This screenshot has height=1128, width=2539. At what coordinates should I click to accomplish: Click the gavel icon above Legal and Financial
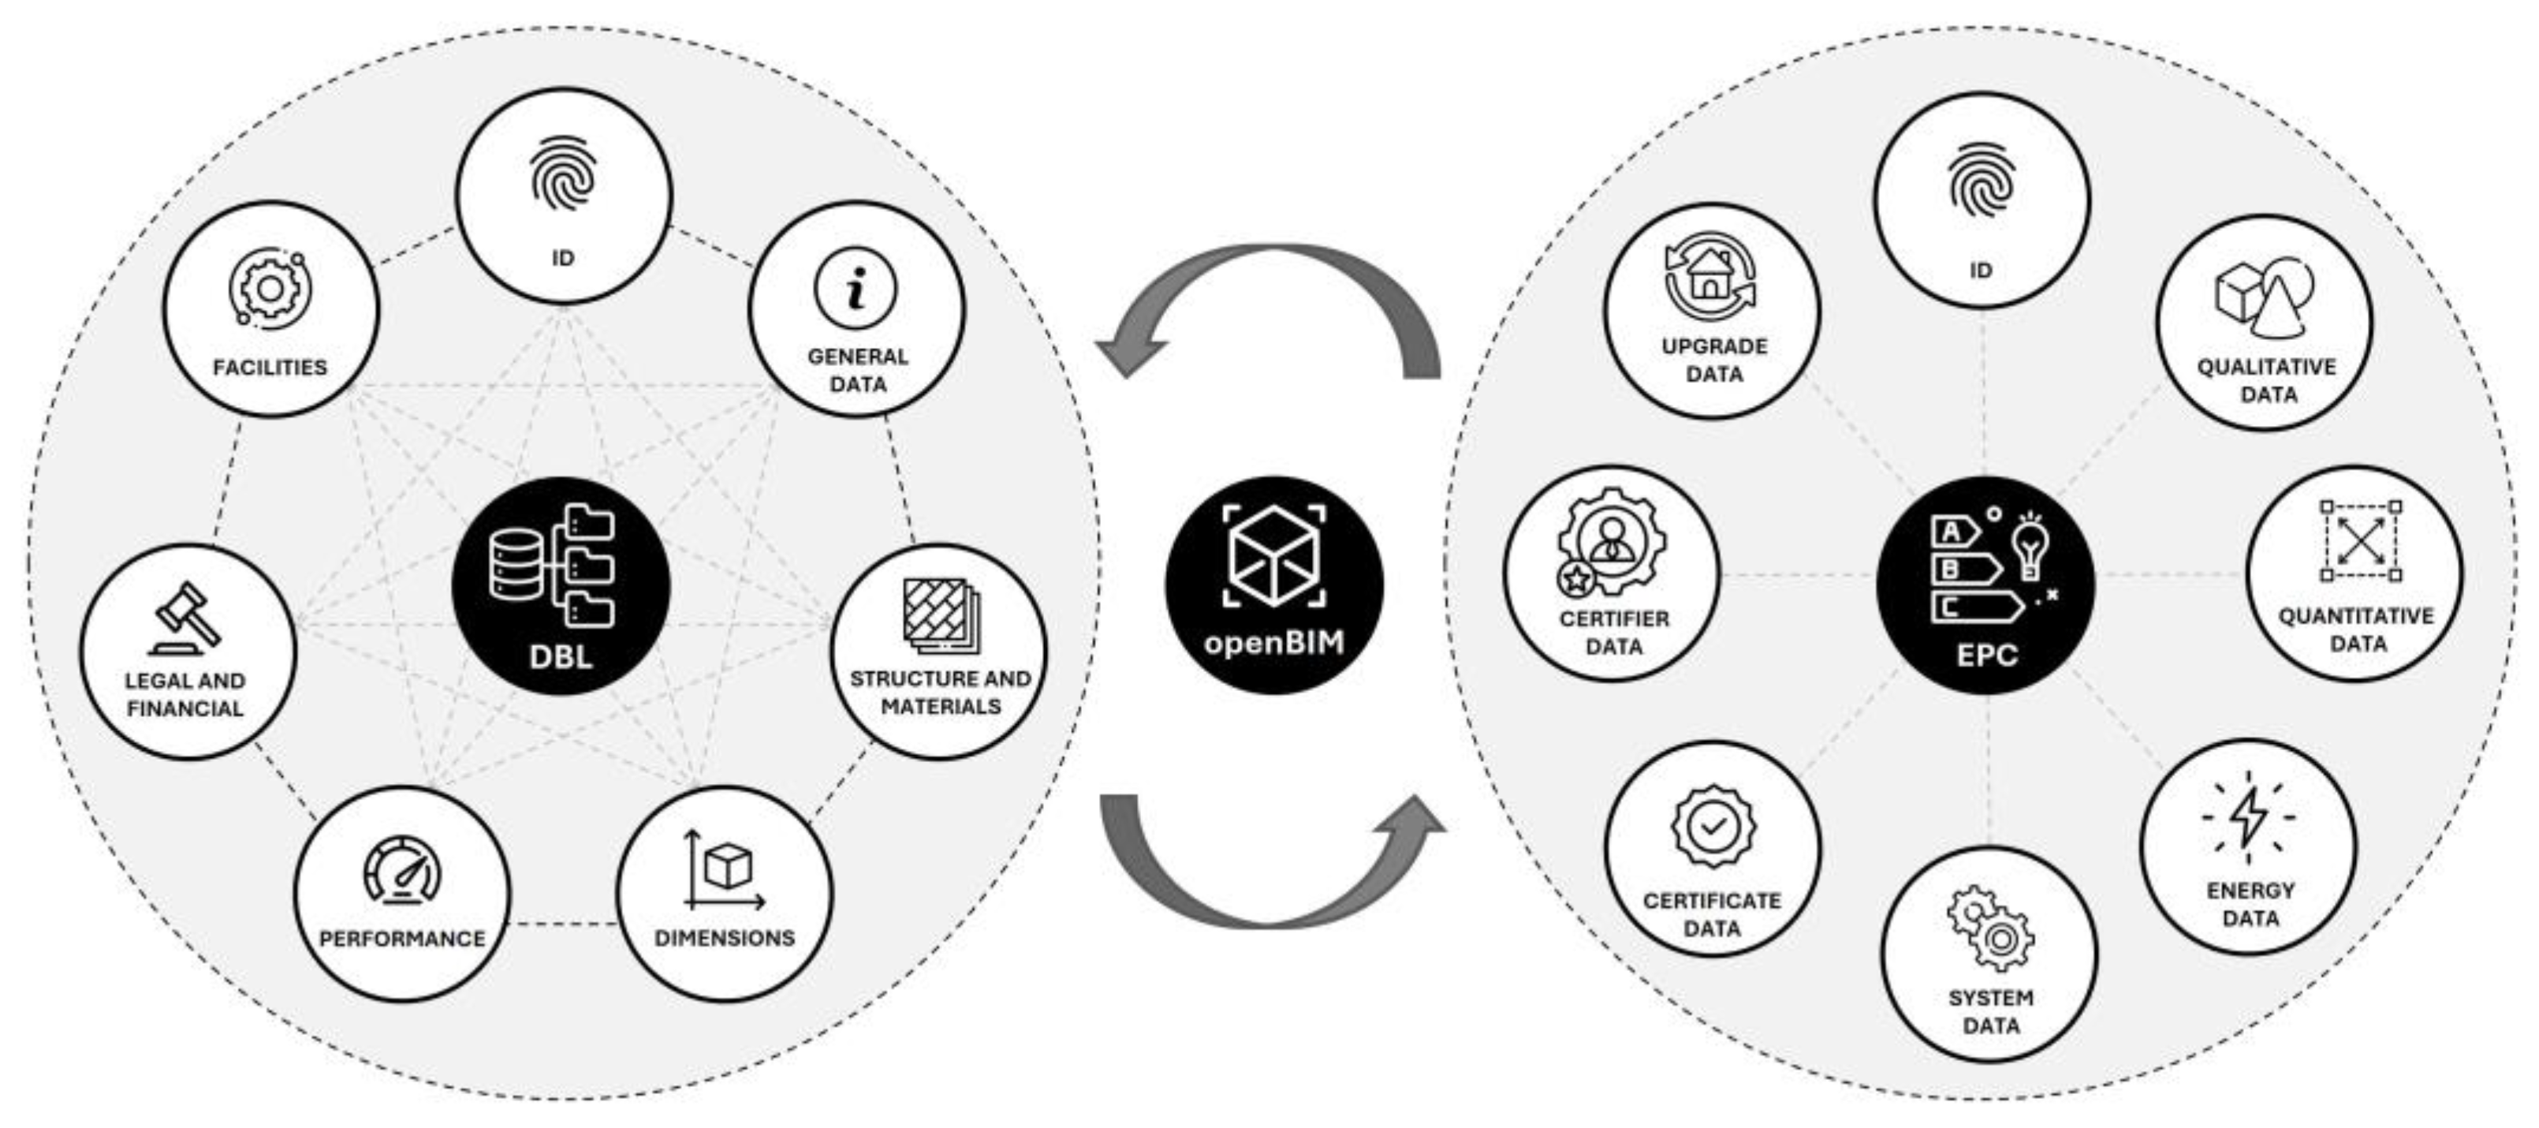click(x=185, y=619)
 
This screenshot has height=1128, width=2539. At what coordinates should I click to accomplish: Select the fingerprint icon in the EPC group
click(x=1981, y=177)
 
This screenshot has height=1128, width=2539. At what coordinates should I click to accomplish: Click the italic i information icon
click(x=856, y=288)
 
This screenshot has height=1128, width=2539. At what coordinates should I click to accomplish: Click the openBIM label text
click(x=1273, y=643)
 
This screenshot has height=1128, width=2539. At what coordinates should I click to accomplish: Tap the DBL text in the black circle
click(x=561, y=656)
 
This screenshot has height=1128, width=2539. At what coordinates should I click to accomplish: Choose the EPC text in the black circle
click(x=1986, y=655)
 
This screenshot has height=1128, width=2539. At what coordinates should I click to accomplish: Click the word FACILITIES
click(x=270, y=367)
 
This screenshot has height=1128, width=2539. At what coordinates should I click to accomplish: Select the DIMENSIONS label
click(x=725, y=938)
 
